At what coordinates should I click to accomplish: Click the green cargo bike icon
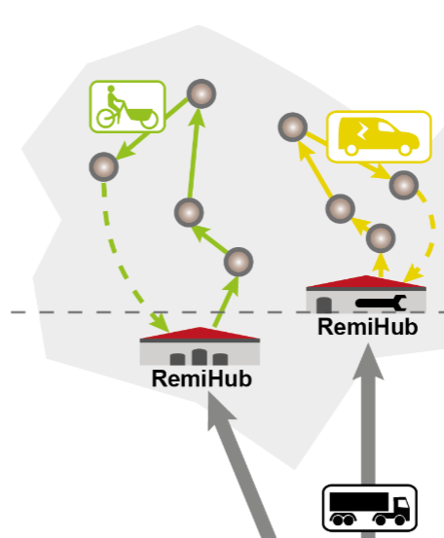(128, 107)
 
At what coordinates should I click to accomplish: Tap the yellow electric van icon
(379, 136)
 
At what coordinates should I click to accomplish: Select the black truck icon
(369, 508)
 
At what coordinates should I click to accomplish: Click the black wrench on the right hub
(381, 303)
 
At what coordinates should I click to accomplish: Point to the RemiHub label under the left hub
(202, 378)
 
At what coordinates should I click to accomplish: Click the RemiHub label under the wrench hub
(368, 327)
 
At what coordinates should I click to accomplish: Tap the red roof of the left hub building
(200, 334)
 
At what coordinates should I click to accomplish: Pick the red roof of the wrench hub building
(366, 282)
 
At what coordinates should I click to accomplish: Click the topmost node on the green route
(202, 93)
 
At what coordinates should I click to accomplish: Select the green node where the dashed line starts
(104, 166)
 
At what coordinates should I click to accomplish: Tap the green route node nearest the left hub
(239, 262)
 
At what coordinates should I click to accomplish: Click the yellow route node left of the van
(292, 126)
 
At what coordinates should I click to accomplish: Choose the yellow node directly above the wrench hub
(381, 238)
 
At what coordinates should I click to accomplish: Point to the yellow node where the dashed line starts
(404, 185)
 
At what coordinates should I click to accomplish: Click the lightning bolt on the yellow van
(362, 130)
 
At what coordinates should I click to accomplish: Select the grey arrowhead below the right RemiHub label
(368, 361)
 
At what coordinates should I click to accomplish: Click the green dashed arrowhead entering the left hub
(159, 322)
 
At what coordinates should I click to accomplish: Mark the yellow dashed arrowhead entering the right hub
(413, 273)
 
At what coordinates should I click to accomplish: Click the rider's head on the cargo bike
(111, 89)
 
